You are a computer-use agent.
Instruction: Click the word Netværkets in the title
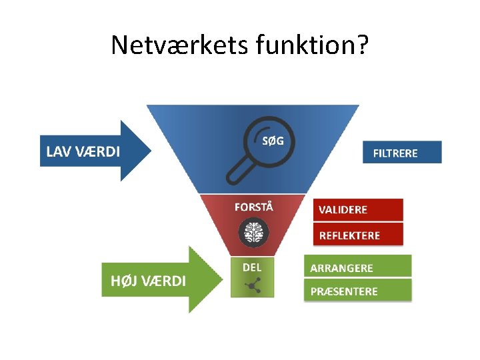click(179, 45)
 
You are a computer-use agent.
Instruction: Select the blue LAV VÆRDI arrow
click(93, 151)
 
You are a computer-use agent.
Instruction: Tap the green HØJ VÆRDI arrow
click(160, 280)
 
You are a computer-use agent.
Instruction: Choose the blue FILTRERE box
click(402, 152)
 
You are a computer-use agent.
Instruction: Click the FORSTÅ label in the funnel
click(253, 206)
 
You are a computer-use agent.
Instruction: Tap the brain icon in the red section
click(253, 232)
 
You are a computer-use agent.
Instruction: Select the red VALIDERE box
click(358, 209)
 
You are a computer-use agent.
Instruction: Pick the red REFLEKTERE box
click(358, 235)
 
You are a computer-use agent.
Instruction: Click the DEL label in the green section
click(252, 267)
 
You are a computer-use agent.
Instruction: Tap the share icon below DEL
click(252, 286)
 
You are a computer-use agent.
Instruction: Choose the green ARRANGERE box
click(358, 267)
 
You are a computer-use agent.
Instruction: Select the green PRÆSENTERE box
click(358, 291)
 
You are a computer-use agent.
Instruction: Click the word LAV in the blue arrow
click(57, 151)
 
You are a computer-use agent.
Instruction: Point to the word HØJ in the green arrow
click(123, 281)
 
